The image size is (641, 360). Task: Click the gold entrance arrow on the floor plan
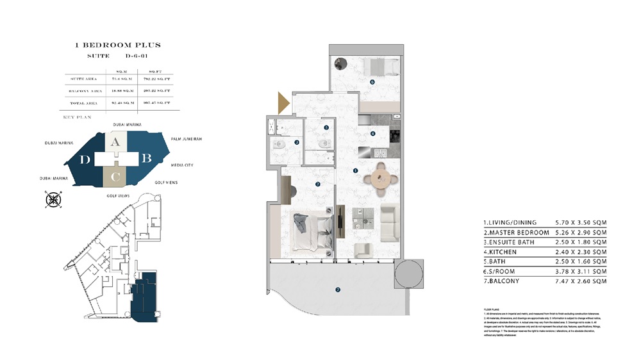(x=283, y=103)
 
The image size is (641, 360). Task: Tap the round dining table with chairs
(x=381, y=178)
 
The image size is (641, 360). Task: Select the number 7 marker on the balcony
(x=338, y=290)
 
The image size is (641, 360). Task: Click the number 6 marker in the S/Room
(x=372, y=82)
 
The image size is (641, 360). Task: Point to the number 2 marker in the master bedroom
(x=317, y=184)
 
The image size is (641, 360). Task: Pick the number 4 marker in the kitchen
(x=373, y=134)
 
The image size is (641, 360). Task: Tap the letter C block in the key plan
(x=114, y=176)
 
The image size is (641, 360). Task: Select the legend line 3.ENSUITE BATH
(x=510, y=242)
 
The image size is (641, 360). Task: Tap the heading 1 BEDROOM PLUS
(x=117, y=45)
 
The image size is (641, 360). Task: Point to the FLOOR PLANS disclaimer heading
(x=492, y=309)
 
